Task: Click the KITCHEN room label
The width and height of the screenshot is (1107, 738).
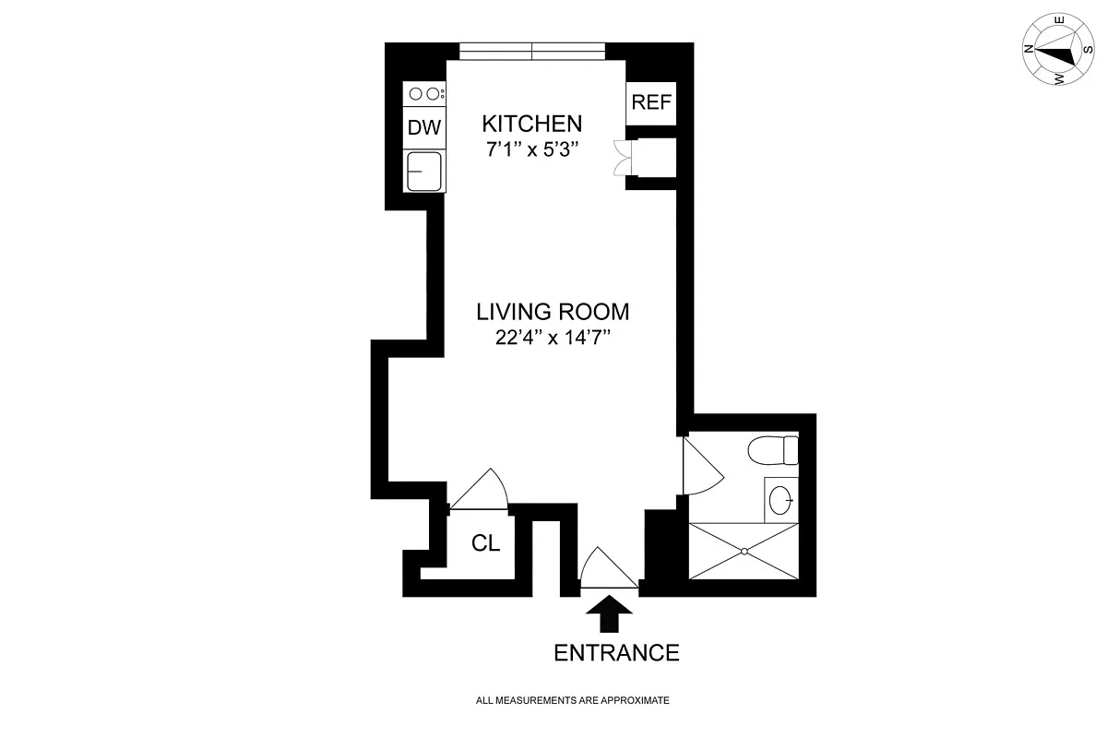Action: [532, 124]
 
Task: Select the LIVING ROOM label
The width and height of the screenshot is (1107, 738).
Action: [553, 311]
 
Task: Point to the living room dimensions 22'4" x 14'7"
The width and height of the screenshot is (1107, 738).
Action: [553, 337]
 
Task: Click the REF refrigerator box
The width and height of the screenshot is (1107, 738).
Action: [651, 102]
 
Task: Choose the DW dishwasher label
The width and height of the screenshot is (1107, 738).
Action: [424, 128]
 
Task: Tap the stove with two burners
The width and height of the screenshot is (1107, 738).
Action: [424, 93]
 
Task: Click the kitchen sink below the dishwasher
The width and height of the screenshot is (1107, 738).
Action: [424, 171]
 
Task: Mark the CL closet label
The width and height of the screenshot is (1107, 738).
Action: [485, 544]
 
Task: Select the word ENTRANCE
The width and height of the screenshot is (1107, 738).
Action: [616, 653]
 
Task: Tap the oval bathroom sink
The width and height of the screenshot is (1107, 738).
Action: [780, 500]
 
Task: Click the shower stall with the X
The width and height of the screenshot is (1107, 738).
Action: [744, 551]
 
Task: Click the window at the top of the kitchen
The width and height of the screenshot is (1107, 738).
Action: [532, 51]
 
